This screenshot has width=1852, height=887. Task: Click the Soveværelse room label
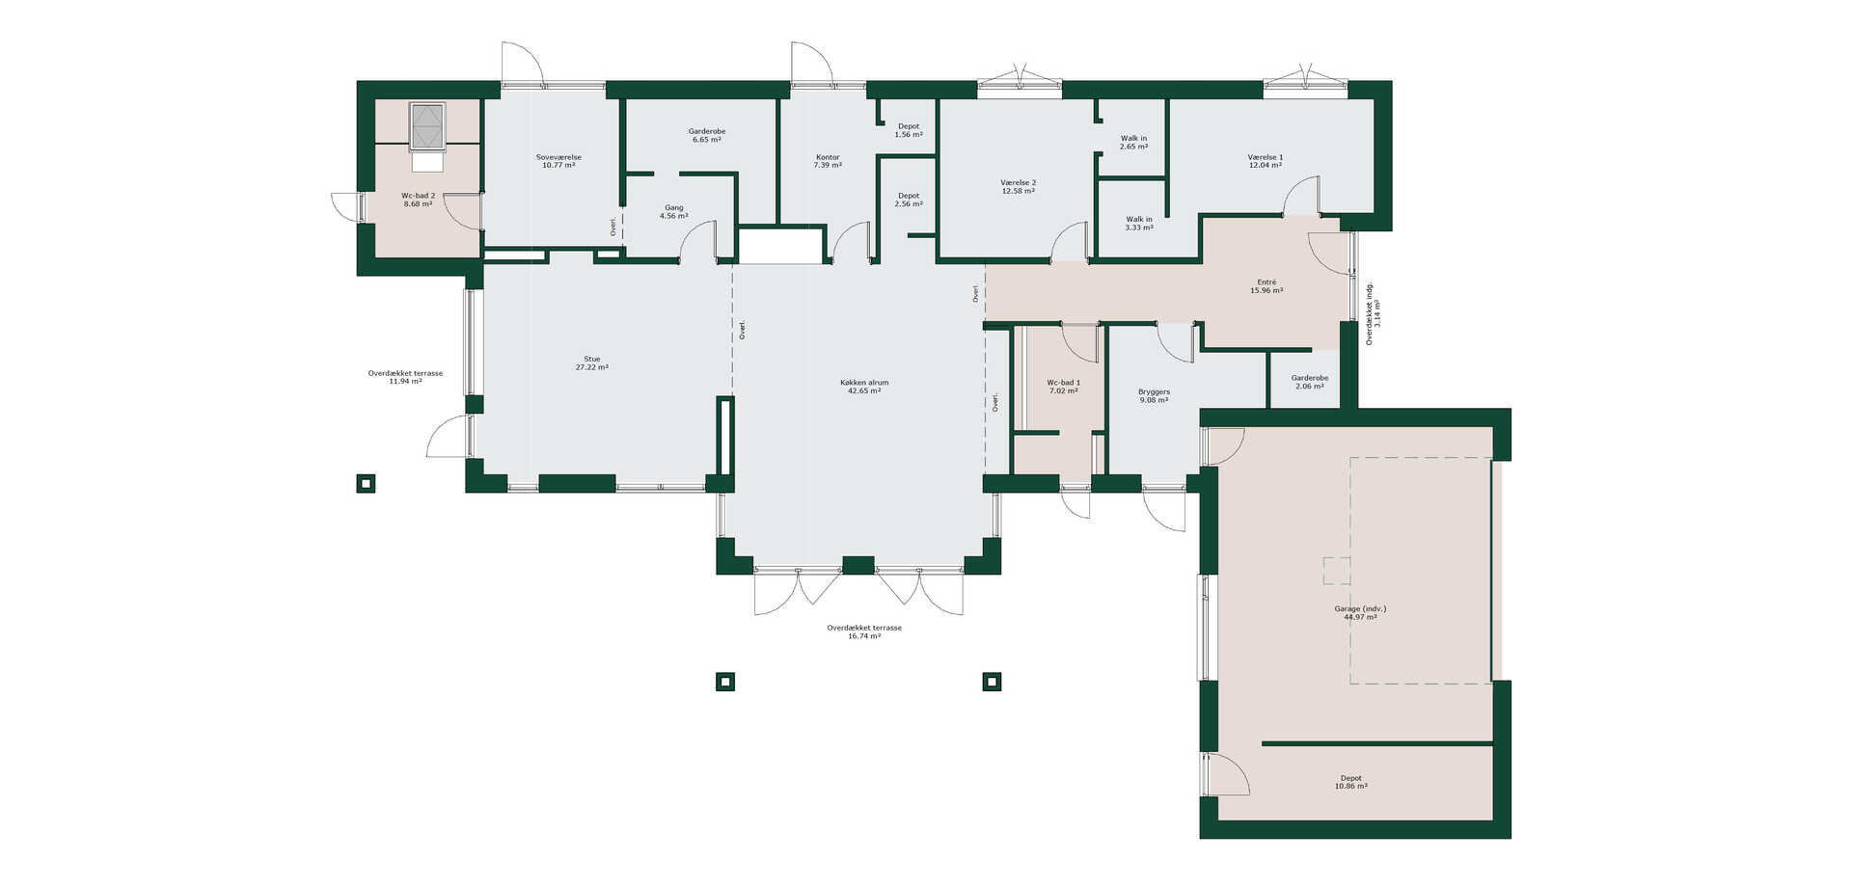(x=558, y=157)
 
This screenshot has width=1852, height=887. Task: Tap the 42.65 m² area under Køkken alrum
(x=864, y=391)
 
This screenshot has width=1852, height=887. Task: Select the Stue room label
(x=592, y=360)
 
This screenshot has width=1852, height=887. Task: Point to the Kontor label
(x=828, y=157)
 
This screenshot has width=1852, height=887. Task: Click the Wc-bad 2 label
(x=419, y=196)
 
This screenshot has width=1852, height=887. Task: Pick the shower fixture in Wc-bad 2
(x=426, y=126)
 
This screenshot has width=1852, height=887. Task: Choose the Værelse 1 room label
(x=1266, y=157)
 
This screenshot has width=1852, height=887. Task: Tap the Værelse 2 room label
(x=1019, y=183)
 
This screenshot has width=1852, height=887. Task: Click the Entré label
(x=1267, y=282)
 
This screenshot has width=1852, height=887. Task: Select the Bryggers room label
(x=1155, y=392)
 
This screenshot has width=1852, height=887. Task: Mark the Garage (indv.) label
(x=1361, y=609)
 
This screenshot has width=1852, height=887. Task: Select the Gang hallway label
(x=673, y=208)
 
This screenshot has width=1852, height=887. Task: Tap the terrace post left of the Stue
(x=366, y=483)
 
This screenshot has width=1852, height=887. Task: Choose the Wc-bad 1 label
(x=1064, y=383)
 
